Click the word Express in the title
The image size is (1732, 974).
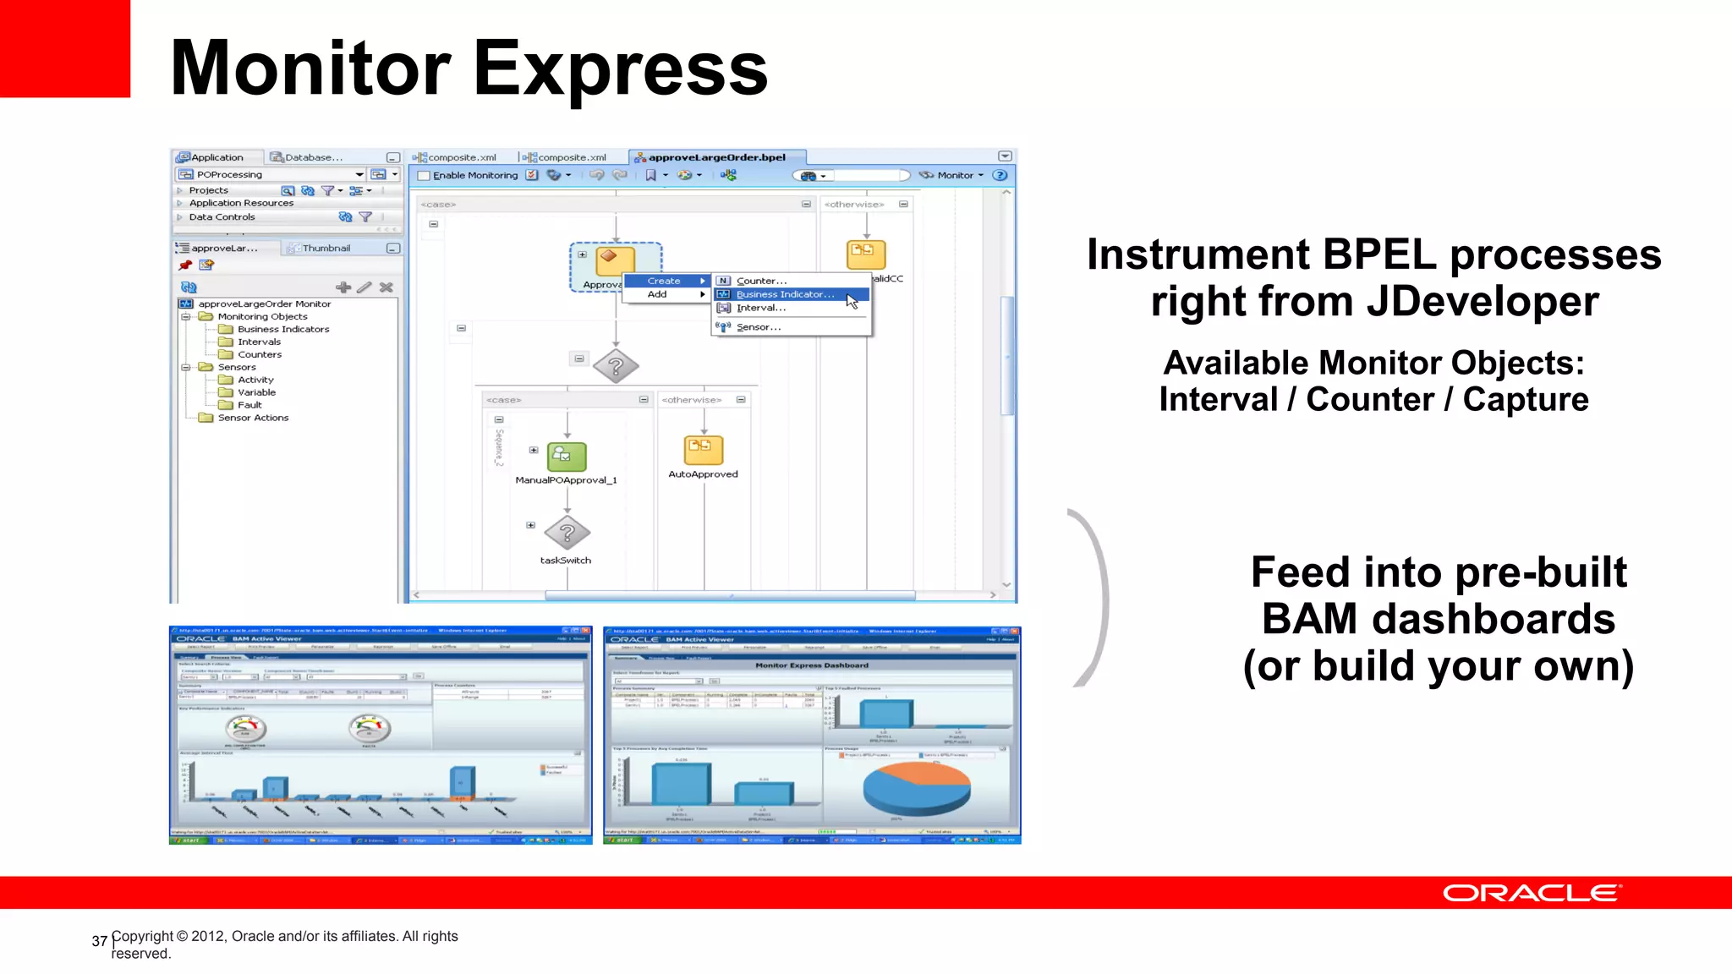[620, 69]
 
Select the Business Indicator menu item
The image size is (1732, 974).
[784, 294]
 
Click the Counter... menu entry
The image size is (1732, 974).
[761, 281]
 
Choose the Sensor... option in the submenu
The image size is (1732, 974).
[758, 327]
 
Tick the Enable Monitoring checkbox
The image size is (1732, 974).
[425, 176]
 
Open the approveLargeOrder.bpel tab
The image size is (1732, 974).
[715, 157]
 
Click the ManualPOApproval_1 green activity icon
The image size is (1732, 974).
[567, 457]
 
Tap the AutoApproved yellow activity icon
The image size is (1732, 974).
[703, 450]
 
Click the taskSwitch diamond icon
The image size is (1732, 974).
[567, 534]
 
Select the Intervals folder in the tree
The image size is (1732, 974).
[258, 342]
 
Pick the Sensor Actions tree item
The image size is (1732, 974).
[252, 418]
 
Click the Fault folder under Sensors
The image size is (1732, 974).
[249, 405]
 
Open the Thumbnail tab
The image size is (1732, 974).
[325, 249]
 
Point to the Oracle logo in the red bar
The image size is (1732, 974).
[1532, 894]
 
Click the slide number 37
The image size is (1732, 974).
[99, 941]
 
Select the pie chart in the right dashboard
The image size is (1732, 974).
[917, 787]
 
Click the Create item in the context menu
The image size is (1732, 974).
[664, 281]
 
